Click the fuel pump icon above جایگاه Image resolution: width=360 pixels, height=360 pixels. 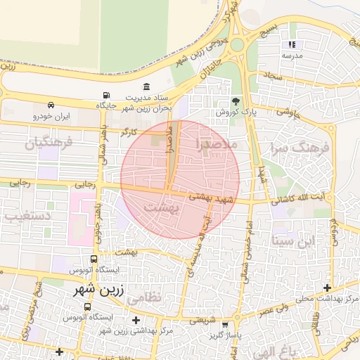point(106,95)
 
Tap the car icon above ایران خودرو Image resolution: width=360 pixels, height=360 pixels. point(51,105)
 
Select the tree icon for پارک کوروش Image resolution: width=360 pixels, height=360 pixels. point(236,101)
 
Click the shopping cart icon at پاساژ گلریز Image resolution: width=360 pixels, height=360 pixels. point(225,326)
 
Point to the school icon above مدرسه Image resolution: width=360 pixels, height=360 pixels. point(292,45)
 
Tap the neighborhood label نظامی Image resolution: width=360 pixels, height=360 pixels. point(146,297)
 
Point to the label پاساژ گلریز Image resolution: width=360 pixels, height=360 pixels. point(224,336)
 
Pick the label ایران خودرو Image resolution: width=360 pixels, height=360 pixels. point(52,117)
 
